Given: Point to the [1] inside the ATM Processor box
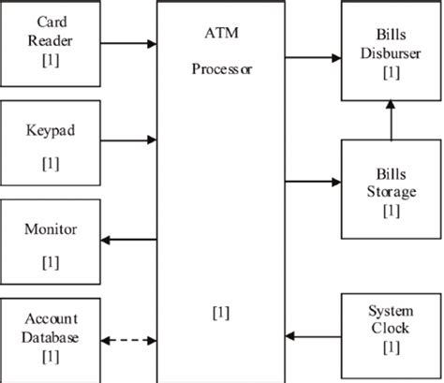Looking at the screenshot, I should point(222,311).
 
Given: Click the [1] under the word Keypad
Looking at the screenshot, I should point(52,163).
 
